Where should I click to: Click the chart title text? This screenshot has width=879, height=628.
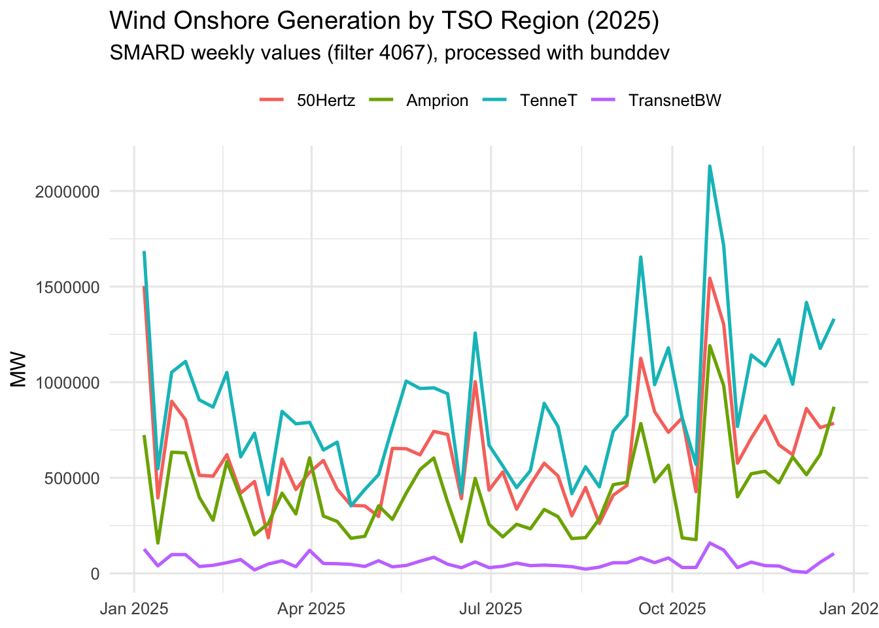[384, 21]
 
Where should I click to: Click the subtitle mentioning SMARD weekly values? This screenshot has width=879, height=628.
[389, 52]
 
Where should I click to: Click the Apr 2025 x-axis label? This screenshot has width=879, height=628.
[311, 609]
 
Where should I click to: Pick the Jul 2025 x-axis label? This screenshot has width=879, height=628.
[490, 609]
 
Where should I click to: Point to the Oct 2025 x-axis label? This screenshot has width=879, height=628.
[672, 609]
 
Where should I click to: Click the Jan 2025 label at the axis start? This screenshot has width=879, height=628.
[134, 609]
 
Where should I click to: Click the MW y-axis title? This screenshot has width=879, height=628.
[20, 370]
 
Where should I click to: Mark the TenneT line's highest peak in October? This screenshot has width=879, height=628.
[710, 166]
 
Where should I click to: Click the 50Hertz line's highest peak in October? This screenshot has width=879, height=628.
[710, 278]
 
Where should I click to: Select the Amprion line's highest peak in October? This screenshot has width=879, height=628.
[710, 345]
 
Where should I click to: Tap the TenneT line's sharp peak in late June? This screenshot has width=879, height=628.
[475, 333]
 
